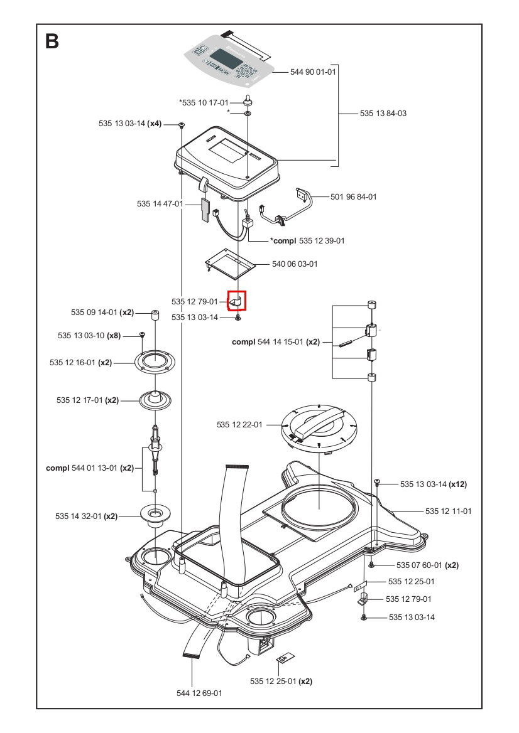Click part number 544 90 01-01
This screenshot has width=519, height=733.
(313, 72)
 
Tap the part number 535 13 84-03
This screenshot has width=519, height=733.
(383, 114)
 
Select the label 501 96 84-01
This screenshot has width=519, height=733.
(354, 197)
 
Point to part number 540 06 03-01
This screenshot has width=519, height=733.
(295, 264)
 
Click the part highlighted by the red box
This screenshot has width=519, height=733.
(237, 301)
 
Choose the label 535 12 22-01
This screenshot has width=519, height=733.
(240, 425)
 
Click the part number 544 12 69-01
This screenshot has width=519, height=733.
(199, 693)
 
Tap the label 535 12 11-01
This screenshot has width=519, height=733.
(448, 511)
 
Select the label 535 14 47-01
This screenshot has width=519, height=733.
(160, 204)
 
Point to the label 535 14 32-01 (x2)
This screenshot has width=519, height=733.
(86, 516)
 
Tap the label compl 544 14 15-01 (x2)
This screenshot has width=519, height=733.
(276, 342)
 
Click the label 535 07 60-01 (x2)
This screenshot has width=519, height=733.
(427, 565)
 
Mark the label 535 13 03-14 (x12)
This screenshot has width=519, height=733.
(433, 484)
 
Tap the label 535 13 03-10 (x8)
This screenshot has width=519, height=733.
(89, 336)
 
